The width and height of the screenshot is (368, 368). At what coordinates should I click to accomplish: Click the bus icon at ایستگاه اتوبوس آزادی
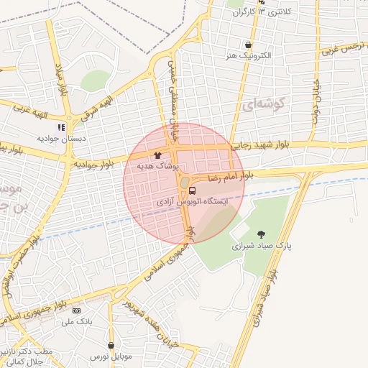pos(193,190)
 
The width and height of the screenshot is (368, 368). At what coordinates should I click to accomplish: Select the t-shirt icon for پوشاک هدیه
pos(157,155)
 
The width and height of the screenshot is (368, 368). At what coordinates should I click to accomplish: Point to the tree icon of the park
pos(261,234)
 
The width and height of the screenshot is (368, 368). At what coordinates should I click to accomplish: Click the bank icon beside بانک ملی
pos(77,310)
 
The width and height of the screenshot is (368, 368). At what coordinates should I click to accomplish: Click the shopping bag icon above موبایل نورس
pos(111,345)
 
